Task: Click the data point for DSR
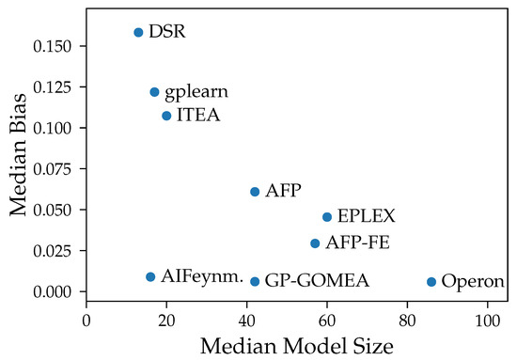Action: (x=138, y=32)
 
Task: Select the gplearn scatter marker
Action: (x=154, y=92)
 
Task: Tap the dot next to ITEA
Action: (x=166, y=116)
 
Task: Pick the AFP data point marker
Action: (x=255, y=192)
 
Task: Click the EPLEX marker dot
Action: (x=327, y=217)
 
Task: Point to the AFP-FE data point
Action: (x=315, y=243)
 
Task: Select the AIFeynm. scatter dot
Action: (x=150, y=276)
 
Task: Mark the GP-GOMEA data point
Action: (x=255, y=281)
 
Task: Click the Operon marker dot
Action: (x=431, y=281)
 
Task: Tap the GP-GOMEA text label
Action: (x=316, y=281)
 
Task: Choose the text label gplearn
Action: (x=196, y=92)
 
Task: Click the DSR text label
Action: (x=167, y=32)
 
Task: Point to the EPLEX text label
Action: (x=366, y=217)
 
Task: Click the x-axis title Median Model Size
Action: (x=296, y=345)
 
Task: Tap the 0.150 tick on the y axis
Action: (x=56, y=46)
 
